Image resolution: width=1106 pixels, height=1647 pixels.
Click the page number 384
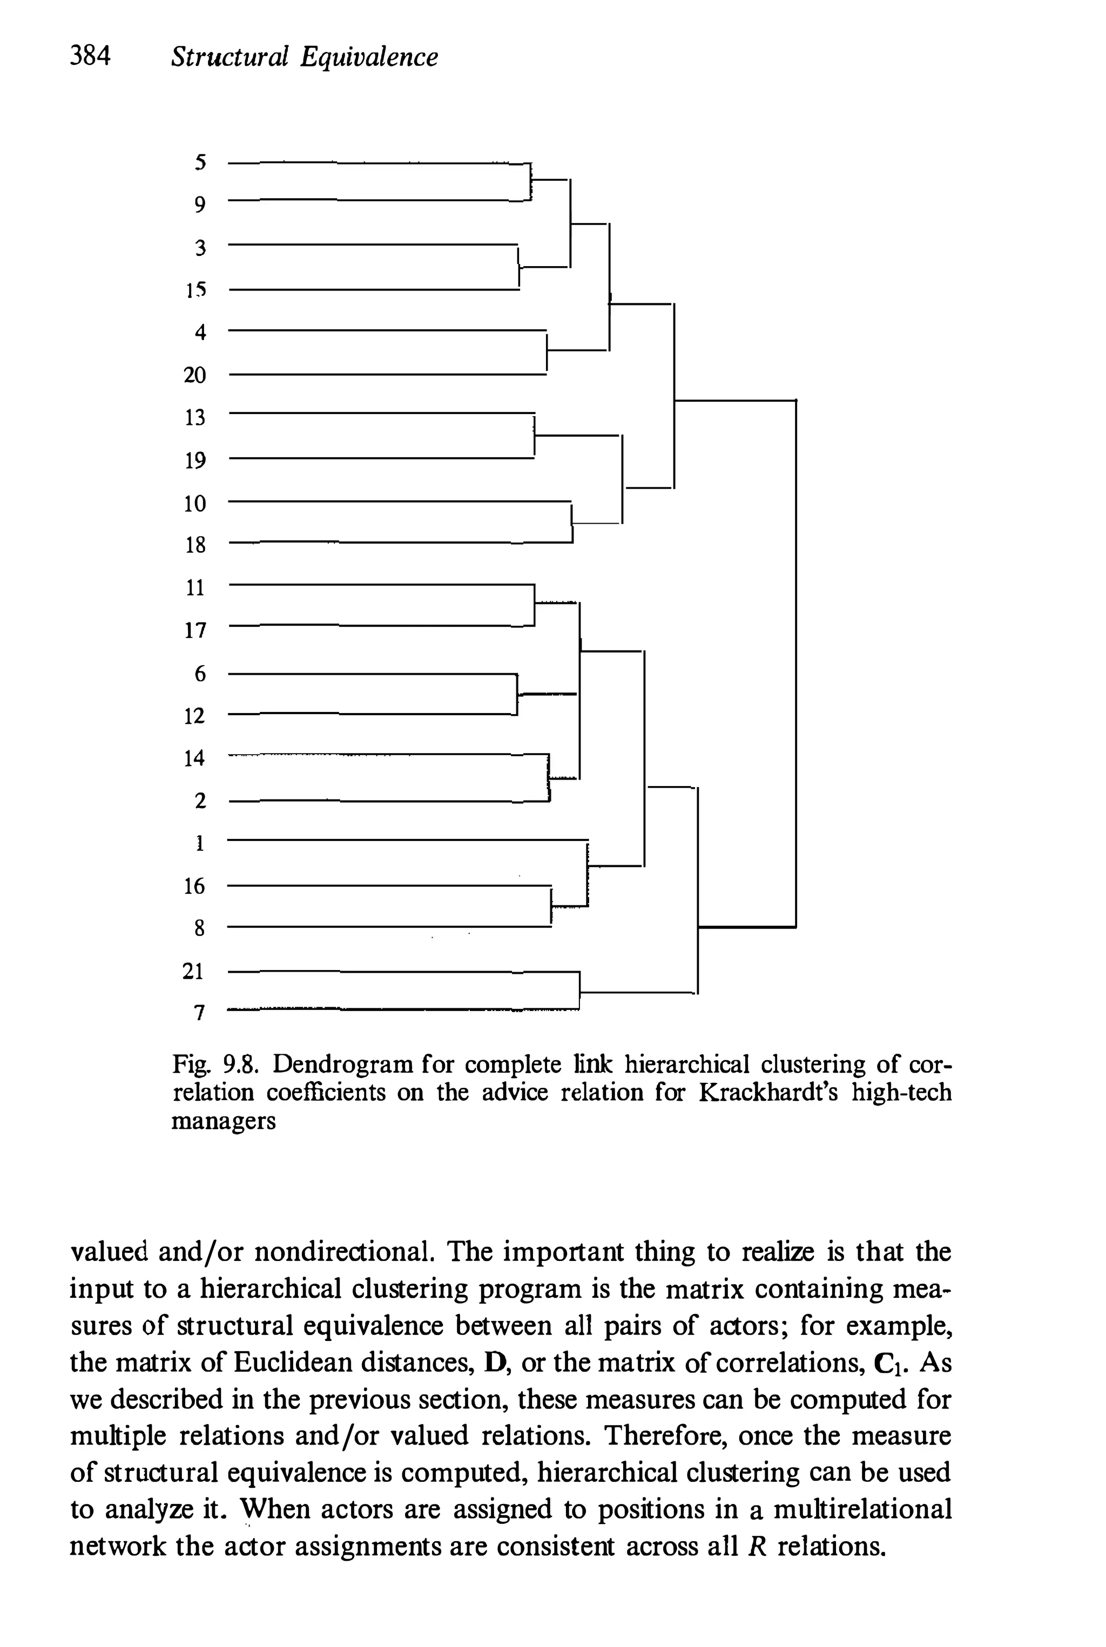(91, 56)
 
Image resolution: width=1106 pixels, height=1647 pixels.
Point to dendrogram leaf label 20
(194, 375)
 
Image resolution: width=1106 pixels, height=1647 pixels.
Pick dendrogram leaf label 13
(194, 417)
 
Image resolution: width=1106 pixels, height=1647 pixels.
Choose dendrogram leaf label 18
(194, 544)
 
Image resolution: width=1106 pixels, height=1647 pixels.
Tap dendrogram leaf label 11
(194, 587)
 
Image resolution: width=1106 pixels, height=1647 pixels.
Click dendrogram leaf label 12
(194, 716)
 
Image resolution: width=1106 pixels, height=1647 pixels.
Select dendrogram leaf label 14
(194, 758)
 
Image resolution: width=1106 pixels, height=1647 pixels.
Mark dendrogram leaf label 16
(194, 885)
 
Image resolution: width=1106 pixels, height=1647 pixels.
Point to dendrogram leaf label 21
(193, 971)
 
